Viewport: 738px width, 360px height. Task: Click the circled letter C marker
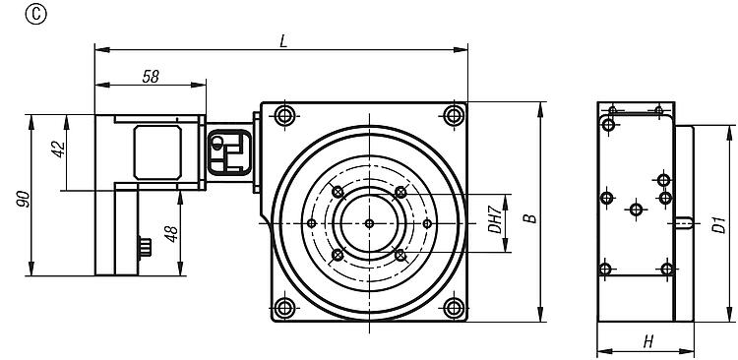pyautogui.click(x=35, y=15)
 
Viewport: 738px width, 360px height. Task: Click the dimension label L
pyautogui.click(x=282, y=41)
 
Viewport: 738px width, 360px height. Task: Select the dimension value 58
pyautogui.click(x=152, y=77)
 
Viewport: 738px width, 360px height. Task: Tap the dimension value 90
pyautogui.click(x=23, y=200)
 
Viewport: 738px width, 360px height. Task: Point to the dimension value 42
pyautogui.click(x=59, y=150)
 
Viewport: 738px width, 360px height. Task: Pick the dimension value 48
pyautogui.click(x=171, y=234)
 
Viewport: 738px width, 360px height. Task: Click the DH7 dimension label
pyautogui.click(x=494, y=221)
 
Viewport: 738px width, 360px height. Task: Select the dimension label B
pyautogui.click(x=530, y=218)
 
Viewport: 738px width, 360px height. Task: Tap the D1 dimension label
pyautogui.click(x=718, y=224)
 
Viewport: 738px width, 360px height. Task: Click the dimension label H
pyautogui.click(x=648, y=342)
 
